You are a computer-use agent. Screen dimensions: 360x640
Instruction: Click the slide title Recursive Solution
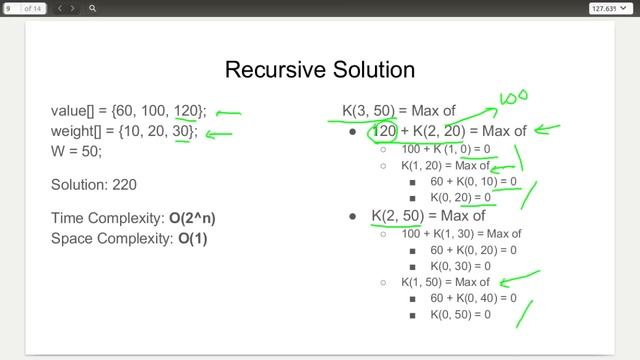[x=320, y=69]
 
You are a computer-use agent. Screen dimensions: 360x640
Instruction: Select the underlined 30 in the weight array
[x=184, y=131]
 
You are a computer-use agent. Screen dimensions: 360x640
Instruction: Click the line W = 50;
[x=76, y=152]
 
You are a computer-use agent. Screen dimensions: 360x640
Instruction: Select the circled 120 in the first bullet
[x=384, y=131]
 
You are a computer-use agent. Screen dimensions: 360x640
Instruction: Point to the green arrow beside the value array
[x=229, y=113]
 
